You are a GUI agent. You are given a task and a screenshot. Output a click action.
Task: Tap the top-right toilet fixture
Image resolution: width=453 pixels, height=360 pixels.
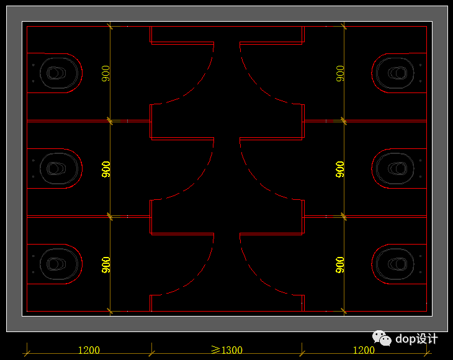point(395,73)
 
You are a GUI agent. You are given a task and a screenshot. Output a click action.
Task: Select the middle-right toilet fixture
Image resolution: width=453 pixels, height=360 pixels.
point(395,168)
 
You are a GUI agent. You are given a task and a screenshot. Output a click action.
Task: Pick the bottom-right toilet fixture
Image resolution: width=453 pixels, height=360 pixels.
point(395,263)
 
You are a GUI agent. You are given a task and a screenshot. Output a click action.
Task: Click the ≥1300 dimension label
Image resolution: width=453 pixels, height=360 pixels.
point(226,350)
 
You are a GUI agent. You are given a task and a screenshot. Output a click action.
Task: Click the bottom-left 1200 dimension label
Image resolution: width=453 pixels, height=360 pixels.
point(89,350)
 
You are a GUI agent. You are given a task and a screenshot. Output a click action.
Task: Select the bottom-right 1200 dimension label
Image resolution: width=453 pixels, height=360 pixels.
point(364,350)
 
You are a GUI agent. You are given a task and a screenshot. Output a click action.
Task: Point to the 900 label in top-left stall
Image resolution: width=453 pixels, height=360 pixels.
point(106,73)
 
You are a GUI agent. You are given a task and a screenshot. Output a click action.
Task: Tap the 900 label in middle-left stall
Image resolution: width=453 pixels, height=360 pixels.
point(106,169)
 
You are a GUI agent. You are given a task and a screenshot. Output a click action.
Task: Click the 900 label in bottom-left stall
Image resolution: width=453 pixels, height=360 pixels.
point(106,264)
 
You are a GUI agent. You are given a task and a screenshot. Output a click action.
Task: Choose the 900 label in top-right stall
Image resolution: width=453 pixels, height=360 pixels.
point(340,73)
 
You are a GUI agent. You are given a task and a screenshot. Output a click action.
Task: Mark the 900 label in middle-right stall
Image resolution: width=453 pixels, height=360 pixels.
point(340,169)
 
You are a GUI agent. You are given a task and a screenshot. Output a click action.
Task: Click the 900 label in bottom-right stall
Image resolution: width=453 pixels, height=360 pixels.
point(340,264)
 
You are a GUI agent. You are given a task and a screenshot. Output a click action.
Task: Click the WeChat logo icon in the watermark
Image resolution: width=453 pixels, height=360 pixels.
point(382,338)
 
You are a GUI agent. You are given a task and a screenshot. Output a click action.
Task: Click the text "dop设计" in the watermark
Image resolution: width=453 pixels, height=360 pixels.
point(417,339)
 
